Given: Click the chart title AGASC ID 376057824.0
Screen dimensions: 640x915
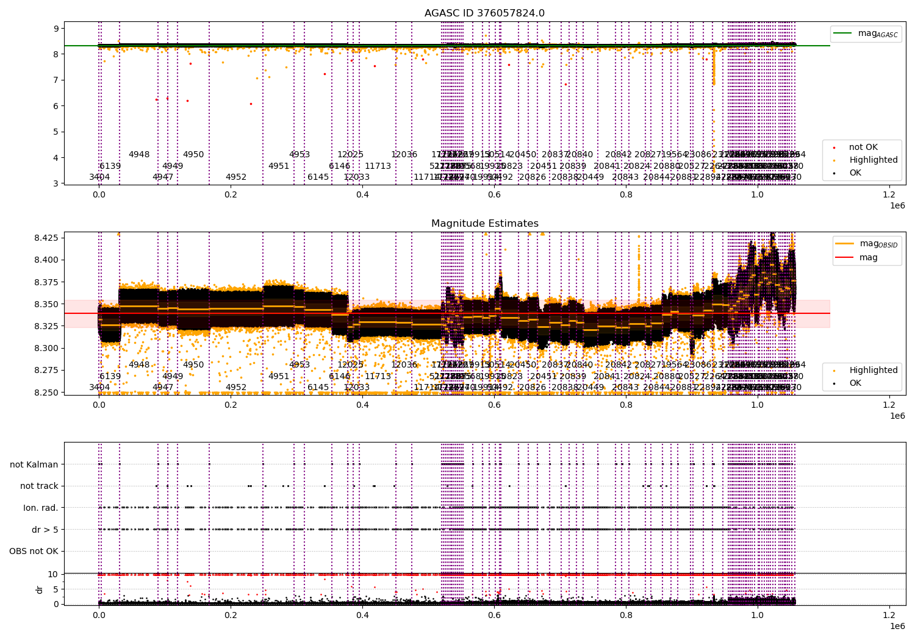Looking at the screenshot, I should tap(484, 13).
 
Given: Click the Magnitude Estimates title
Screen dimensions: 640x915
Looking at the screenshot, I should tap(484, 224).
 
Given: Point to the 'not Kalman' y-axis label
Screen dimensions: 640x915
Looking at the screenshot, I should tap(34, 464).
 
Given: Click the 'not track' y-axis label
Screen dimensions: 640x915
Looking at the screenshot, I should tap(39, 486).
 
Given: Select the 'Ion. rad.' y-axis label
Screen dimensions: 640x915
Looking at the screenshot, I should tap(41, 508).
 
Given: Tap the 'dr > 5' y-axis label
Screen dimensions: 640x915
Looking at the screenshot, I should tap(45, 530).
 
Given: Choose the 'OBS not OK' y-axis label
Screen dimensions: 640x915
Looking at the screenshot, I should tap(34, 552).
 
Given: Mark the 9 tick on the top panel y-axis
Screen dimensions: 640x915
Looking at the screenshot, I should tap(56, 28).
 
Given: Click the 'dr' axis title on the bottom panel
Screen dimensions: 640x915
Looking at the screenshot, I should tap(40, 589).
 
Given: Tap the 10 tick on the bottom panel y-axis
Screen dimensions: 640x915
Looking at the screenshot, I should tap(52, 574).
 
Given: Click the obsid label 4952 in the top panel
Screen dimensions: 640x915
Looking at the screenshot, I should tap(236, 177).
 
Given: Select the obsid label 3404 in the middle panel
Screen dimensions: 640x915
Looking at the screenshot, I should tap(99, 388).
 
